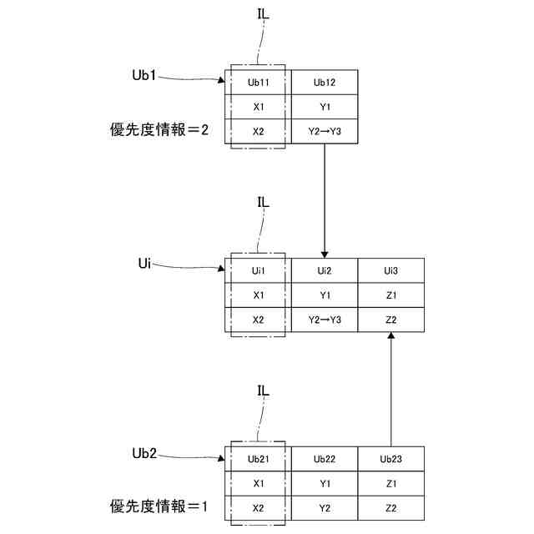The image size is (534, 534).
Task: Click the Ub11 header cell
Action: [x=258, y=83]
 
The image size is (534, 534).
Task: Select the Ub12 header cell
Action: [x=325, y=83]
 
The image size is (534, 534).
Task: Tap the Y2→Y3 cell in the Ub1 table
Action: [x=325, y=132]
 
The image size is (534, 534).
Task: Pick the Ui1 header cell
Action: [x=258, y=271]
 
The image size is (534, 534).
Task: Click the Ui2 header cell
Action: [x=325, y=271]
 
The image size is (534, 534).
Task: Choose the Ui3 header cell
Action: [x=390, y=271]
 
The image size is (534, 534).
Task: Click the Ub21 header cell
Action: [x=258, y=459]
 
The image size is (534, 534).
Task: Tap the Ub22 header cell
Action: [x=325, y=459]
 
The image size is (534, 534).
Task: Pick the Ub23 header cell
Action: [x=390, y=459]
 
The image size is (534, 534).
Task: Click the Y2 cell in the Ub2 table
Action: [x=325, y=508]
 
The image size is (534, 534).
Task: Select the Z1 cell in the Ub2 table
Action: [x=390, y=484]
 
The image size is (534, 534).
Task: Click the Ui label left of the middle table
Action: [x=144, y=263]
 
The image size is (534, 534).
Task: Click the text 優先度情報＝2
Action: [x=159, y=130]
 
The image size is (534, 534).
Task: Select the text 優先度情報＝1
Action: [x=159, y=506]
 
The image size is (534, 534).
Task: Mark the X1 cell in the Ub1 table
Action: [x=258, y=107]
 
